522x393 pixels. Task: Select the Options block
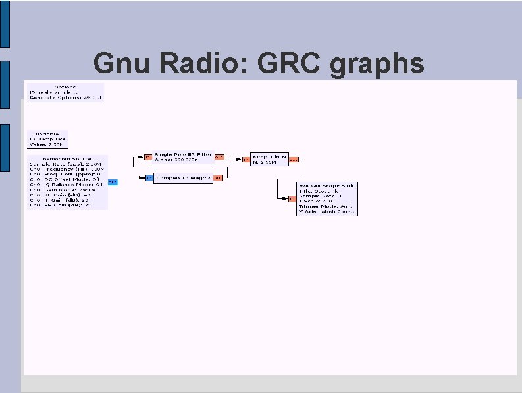coord(65,92)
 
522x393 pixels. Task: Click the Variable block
coord(47,139)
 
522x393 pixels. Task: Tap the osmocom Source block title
coord(66,160)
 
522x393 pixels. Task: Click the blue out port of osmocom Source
coord(113,182)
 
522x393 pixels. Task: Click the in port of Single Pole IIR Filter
coord(148,158)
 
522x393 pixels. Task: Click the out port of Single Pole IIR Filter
coord(219,158)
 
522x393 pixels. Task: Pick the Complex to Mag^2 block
coord(182,178)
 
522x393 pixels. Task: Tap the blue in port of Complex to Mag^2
coord(148,178)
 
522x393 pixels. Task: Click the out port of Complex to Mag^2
coord(218,178)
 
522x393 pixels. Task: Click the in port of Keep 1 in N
coord(245,159)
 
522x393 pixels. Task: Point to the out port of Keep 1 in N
coord(294,159)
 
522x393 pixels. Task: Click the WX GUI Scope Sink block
coord(326,198)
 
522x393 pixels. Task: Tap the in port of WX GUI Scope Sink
coord(290,198)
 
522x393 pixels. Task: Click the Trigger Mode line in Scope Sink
coord(326,206)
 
